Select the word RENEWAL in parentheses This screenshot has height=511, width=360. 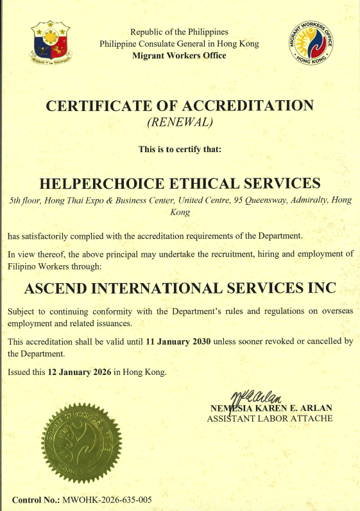click(179, 121)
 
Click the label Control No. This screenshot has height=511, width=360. click(35, 499)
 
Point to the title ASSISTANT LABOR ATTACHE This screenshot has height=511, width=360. click(270, 419)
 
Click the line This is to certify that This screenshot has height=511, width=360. click(180, 149)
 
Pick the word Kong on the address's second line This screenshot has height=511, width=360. click(180, 212)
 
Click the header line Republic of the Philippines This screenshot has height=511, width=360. click(179, 32)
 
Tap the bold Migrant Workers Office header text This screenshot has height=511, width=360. click(179, 56)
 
